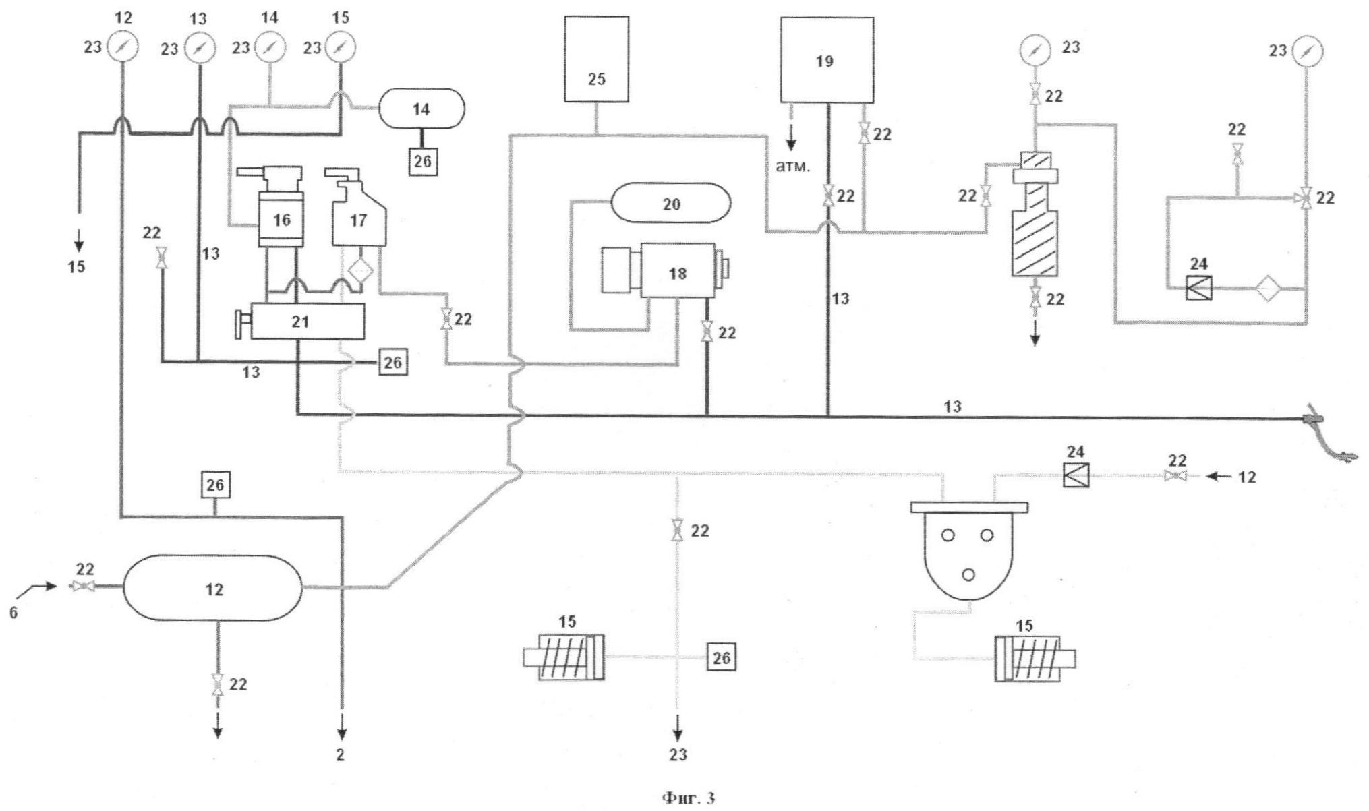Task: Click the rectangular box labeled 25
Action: click(x=596, y=59)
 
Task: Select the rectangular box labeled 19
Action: click(x=827, y=60)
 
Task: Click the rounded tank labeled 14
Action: click(x=421, y=109)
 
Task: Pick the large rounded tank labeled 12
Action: click(x=214, y=588)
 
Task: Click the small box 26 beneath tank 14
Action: click(x=423, y=162)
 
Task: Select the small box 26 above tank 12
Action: click(x=215, y=485)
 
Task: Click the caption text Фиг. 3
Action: click(x=689, y=798)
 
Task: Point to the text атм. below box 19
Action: click(x=792, y=167)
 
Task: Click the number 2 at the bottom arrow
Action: click(x=341, y=755)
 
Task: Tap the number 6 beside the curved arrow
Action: click(x=13, y=614)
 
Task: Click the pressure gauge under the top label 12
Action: click(x=122, y=47)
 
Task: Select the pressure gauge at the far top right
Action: click(x=1307, y=51)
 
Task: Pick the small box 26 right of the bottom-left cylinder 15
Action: click(x=721, y=657)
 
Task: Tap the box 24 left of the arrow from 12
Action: click(x=1076, y=475)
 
